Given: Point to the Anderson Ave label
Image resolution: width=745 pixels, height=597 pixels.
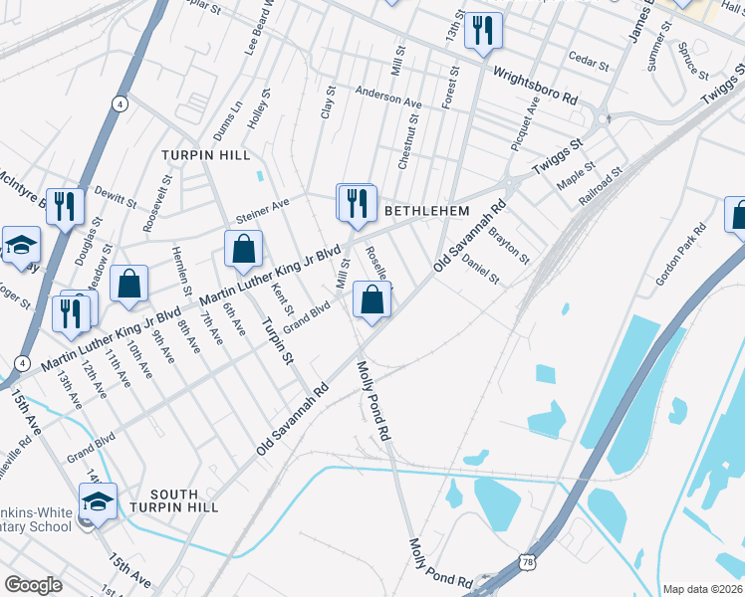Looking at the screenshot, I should (389, 99).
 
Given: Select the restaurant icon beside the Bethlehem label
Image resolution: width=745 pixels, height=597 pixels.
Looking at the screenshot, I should (357, 203).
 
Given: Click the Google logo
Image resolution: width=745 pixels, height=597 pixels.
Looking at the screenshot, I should (34, 585).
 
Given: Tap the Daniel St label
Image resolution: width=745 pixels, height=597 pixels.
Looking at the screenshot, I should (480, 268).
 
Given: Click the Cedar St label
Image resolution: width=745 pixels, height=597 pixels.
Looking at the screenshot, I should (590, 63).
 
